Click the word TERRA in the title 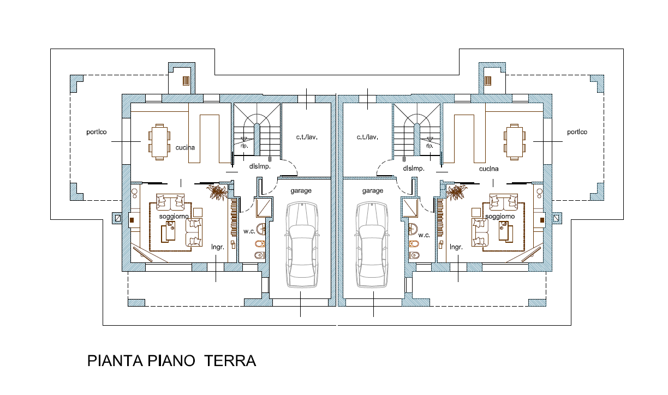(x=230, y=361)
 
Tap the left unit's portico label (x=96, y=132)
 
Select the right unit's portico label (x=577, y=132)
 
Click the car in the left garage (x=302, y=245)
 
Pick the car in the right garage (x=372, y=245)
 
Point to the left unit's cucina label (x=185, y=147)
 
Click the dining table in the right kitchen (x=515, y=142)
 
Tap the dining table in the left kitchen (x=159, y=142)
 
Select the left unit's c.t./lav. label (x=307, y=137)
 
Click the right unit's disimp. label (x=414, y=169)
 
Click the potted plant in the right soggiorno (x=456, y=191)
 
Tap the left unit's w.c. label (x=249, y=231)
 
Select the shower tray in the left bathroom (x=264, y=207)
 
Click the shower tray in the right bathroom (x=410, y=207)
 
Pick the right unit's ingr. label (x=456, y=247)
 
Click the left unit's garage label (x=301, y=191)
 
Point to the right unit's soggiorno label (x=500, y=217)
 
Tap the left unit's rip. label (x=244, y=146)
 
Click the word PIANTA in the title (x=115, y=361)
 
